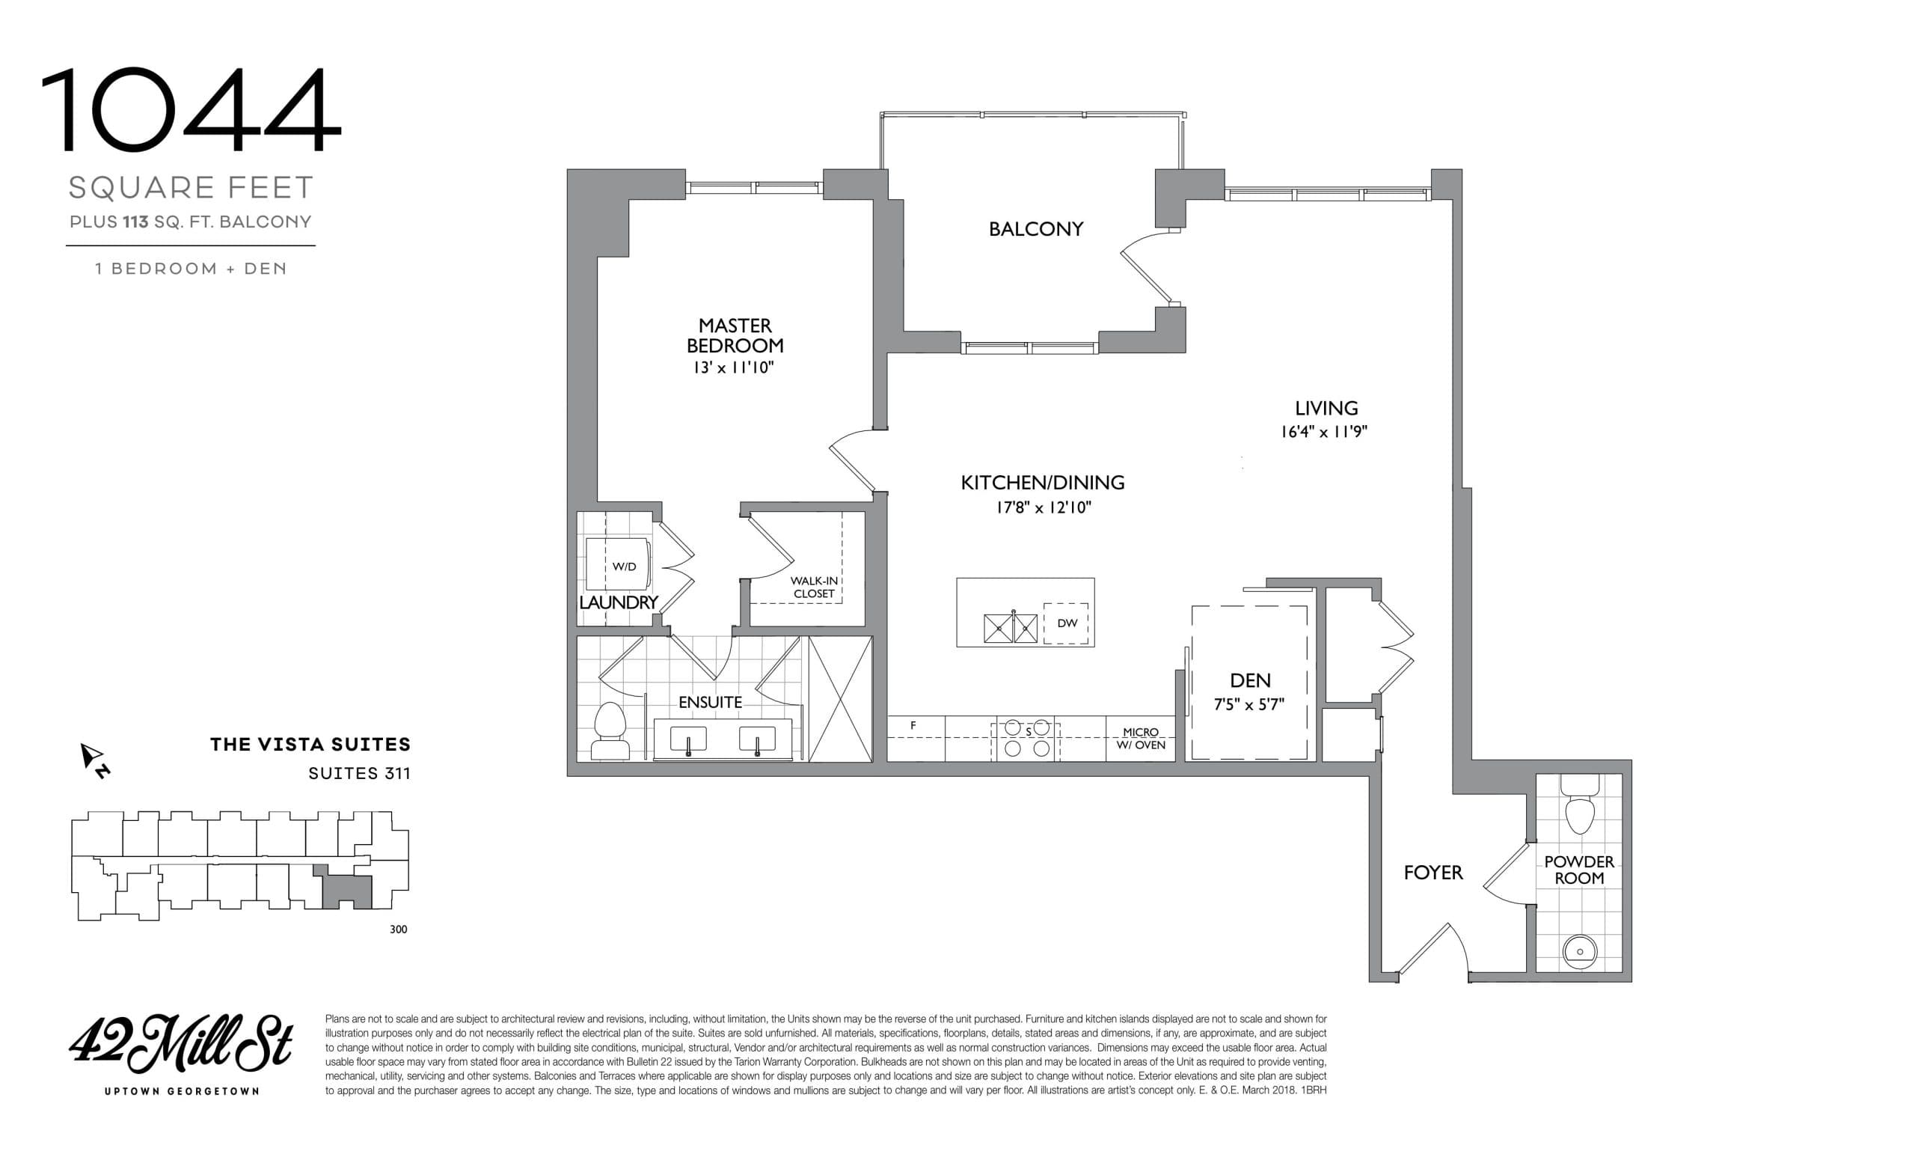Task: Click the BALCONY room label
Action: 1035,228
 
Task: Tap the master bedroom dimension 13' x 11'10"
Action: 734,367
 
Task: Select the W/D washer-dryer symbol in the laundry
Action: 623,566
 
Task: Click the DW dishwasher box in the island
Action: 1066,623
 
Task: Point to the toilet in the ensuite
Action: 610,730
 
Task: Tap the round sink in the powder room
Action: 1579,950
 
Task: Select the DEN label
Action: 1250,680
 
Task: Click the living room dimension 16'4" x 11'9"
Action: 1323,432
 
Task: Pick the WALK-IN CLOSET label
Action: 814,587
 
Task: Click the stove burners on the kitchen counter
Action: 1026,739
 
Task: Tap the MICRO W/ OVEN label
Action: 1140,739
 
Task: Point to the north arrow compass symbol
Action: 93,758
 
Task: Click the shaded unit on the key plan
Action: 347,890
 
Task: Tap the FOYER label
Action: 1433,873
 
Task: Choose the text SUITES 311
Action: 358,774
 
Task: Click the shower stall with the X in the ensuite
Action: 840,699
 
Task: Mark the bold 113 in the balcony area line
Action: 135,222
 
